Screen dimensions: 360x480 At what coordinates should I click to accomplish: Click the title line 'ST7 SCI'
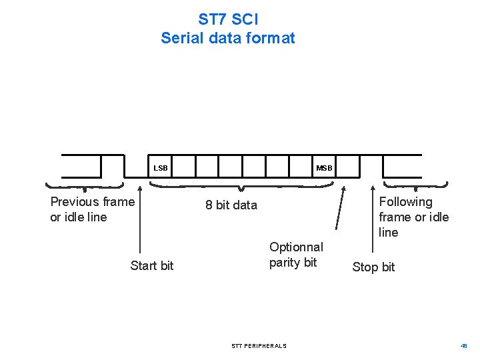click(x=228, y=19)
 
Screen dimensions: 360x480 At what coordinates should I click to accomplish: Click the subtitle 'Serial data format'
click(x=228, y=38)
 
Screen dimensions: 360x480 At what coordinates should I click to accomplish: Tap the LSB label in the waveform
click(x=161, y=169)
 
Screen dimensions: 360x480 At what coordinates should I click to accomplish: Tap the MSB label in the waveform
click(x=324, y=169)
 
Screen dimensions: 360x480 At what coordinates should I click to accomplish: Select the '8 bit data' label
click(x=231, y=205)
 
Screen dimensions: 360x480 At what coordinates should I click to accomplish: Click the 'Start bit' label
click(x=152, y=266)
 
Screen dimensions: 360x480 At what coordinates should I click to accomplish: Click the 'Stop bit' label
click(x=373, y=267)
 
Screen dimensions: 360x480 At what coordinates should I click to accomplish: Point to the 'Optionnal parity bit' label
click(x=296, y=255)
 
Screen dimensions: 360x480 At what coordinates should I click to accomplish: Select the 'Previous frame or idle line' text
click(x=92, y=209)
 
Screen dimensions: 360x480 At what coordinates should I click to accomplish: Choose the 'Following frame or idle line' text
click(x=413, y=217)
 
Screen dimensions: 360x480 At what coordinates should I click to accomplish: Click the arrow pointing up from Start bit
click(x=139, y=220)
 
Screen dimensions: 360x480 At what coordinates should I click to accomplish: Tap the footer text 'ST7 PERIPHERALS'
click(x=259, y=346)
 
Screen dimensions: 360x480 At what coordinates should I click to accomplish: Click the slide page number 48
click(x=464, y=346)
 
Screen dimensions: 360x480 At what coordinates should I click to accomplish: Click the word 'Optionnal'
click(x=296, y=247)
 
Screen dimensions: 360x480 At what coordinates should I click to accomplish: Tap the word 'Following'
click(x=405, y=202)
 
